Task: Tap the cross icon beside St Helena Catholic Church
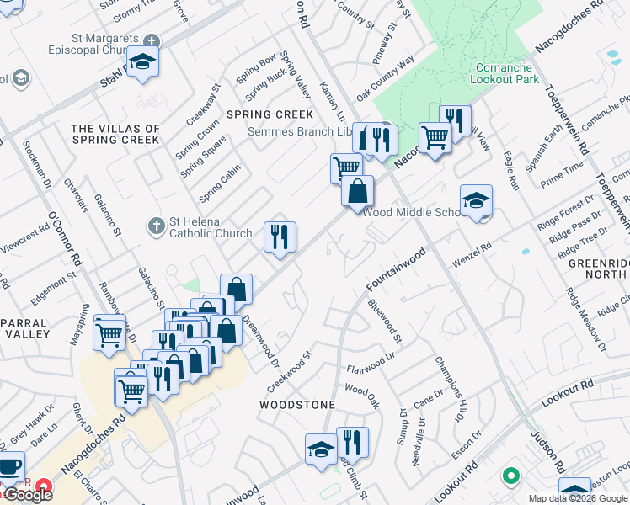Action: click(x=156, y=226)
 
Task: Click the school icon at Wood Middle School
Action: click(x=476, y=200)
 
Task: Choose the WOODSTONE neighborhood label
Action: click(x=297, y=405)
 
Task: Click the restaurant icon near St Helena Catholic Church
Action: click(x=280, y=237)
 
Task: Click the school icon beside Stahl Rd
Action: click(x=143, y=62)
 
